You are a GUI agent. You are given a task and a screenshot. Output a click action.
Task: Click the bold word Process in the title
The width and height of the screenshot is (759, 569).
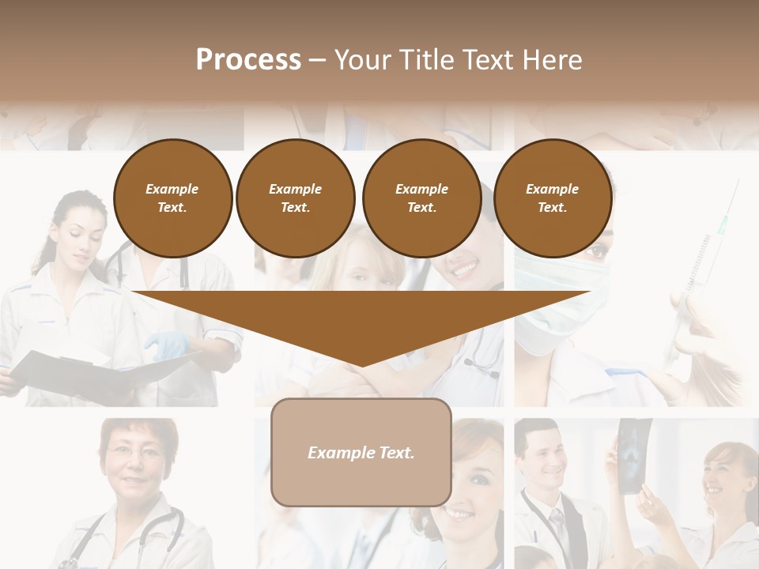pyautogui.click(x=248, y=60)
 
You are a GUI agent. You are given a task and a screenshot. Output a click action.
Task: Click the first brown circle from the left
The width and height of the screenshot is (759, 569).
pyautogui.click(x=173, y=198)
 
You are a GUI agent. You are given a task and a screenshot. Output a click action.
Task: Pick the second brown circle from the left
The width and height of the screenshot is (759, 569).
pyautogui.click(x=295, y=198)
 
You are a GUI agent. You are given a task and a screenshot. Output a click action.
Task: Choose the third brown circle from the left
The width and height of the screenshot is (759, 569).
pyautogui.click(x=421, y=198)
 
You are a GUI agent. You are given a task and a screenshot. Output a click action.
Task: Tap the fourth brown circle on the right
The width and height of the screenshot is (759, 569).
pyautogui.click(x=553, y=198)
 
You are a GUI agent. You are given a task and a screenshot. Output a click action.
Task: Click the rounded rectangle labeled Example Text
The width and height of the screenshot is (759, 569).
pyautogui.click(x=361, y=452)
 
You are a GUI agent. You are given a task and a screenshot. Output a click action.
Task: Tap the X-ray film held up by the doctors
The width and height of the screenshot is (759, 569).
pyautogui.click(x=635, y=455)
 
